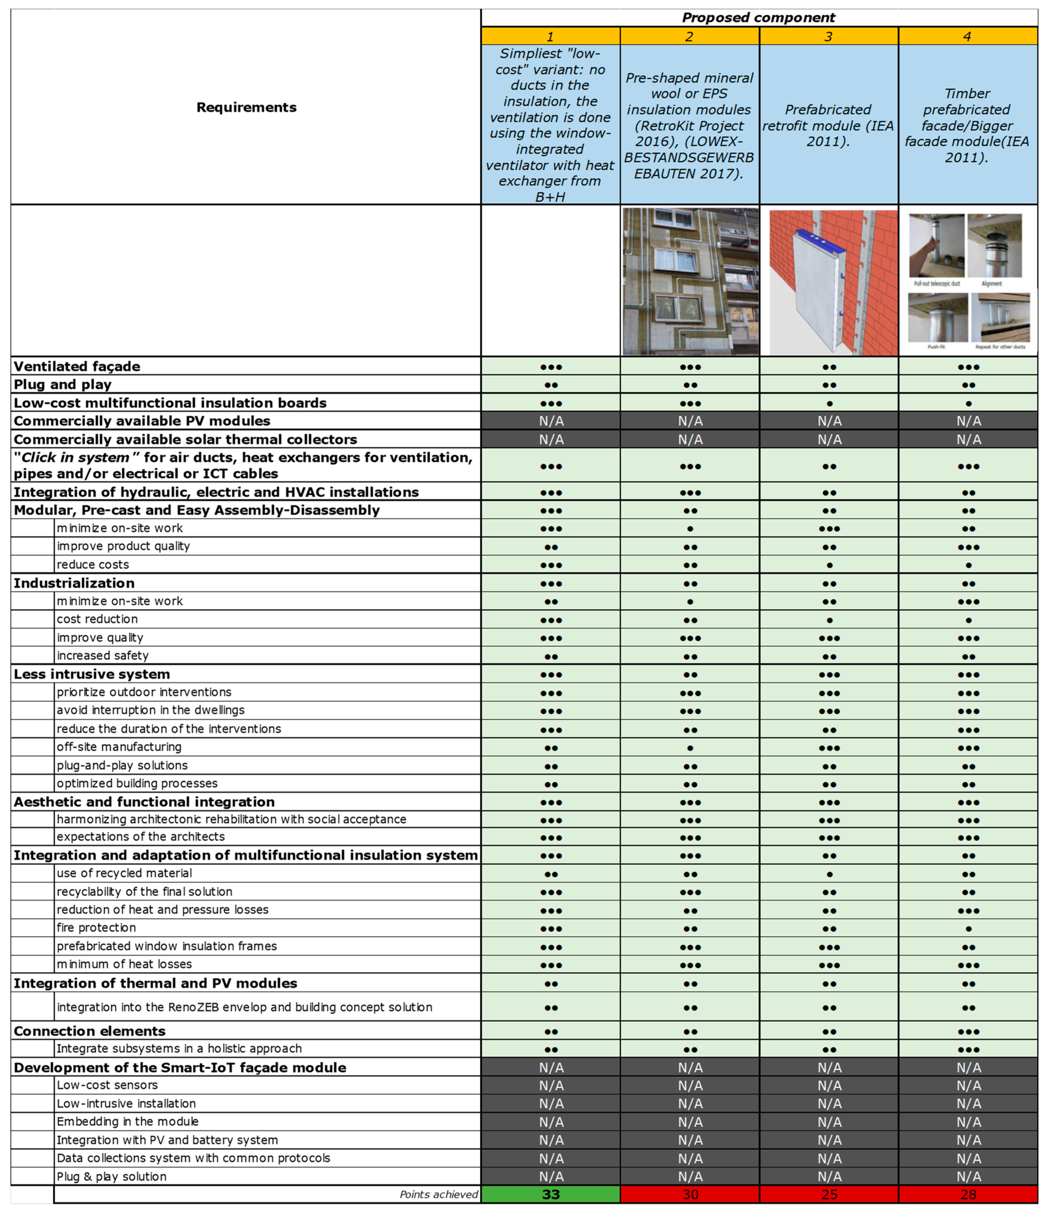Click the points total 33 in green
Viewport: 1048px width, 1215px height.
(x=550, y=1194)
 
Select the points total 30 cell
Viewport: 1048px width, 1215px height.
(x=690, y=1194)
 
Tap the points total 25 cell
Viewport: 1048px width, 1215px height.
(x=829, y=1194)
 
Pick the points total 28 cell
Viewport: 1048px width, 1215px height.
(x=968, y=1194)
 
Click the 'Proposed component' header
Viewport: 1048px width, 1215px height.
(x=758, y=18)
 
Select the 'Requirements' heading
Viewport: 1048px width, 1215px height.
(x=246, y=107)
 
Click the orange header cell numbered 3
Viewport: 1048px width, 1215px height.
(x=829, y=36)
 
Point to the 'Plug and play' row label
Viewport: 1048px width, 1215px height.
(x=63, y=385)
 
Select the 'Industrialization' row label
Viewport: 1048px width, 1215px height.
(x=75, y=583)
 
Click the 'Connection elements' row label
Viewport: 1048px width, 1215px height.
(x=90, y=1031)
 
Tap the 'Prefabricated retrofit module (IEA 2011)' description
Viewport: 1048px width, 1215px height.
(x=828, y=125)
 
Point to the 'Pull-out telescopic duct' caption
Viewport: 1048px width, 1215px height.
(x=937, y=284)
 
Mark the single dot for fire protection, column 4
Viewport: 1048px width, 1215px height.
(x=968, y=928)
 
